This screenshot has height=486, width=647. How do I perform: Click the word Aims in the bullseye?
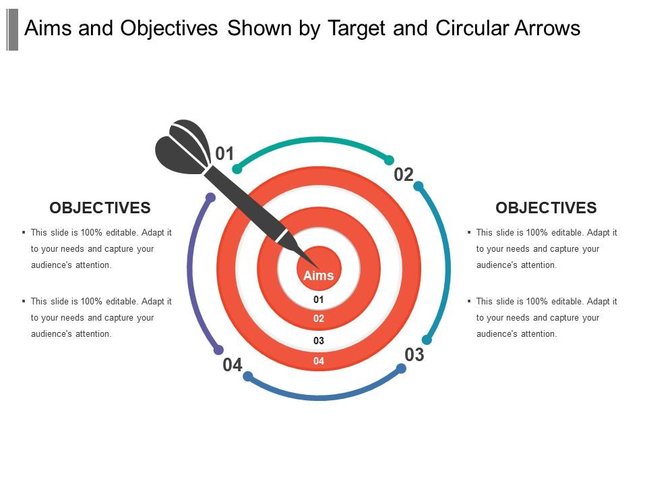318,275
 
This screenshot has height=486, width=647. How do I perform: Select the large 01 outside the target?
224,154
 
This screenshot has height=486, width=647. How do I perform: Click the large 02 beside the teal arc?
403,175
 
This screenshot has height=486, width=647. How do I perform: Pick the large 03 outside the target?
414,354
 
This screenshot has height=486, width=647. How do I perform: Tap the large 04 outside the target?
233,365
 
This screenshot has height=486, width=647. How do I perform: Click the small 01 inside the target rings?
319,299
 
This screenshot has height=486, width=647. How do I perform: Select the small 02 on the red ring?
319,319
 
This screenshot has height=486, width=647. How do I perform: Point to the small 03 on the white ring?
319,341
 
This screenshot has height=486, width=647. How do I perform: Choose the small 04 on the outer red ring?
319,361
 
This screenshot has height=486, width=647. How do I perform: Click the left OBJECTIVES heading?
100,208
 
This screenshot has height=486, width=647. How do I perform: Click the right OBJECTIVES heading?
546,208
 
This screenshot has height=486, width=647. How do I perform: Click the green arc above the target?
313,140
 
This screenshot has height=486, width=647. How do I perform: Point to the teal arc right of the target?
447,263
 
